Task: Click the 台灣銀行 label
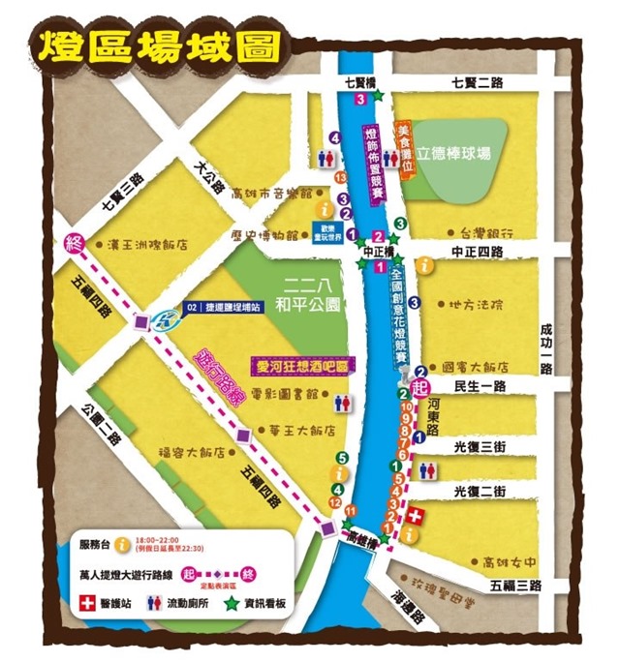(486, 233)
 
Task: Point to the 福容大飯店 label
(199, 452)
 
